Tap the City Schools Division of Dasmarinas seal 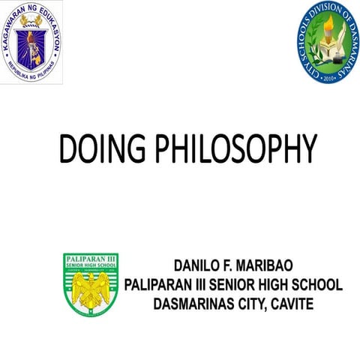(x=325, y=43)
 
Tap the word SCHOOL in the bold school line (x=316, y=285)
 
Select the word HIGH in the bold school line (x=277, y=285)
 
